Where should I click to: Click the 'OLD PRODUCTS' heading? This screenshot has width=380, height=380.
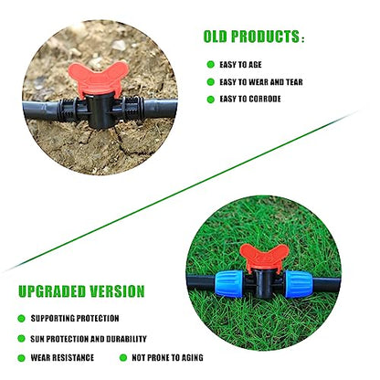(251, 37)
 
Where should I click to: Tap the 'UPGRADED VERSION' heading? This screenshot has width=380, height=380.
(81, 291)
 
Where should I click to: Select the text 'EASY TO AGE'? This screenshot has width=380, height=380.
(240, 65)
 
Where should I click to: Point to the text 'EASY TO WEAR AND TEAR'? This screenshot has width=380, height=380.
(261, 82)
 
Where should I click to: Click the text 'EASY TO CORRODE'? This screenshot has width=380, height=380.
(250, 99)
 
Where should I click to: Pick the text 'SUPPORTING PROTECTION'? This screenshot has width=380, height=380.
(75, 319)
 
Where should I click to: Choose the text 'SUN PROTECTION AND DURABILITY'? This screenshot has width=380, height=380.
(89, 339)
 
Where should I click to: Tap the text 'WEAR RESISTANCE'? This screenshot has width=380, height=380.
(62, 357)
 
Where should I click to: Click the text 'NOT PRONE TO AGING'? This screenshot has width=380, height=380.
(167, 357)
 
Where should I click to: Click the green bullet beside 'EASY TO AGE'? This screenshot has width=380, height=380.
(211, 65)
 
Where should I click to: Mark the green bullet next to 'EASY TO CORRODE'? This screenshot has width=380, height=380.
(211, 100)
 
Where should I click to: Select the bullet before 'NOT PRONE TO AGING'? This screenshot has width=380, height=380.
(123, 358)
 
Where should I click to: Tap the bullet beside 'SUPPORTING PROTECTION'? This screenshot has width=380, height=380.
(21, 319)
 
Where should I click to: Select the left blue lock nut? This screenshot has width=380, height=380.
(229, 284)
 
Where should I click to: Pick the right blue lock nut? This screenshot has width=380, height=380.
(299, 284)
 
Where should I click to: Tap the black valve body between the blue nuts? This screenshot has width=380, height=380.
(264, 284)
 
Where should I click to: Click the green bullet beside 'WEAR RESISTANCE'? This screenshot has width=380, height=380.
(21, 358)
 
